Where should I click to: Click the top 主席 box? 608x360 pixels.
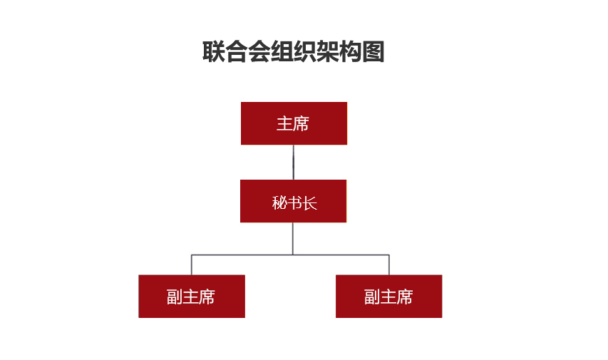(x=294, y=123)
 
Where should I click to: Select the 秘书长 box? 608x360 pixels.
(x=293, y=201)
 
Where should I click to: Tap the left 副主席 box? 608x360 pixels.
(x=192, y=297)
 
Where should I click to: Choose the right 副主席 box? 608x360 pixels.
(x=389, y=297)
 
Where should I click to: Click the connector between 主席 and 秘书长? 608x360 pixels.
(x=294, y=162)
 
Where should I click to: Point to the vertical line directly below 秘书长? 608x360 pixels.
(x=293, y=239)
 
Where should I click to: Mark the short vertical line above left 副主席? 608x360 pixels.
(x=192, y=265)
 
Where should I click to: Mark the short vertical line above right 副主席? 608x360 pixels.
(x=389, y=265)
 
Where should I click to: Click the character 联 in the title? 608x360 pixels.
(x=214, y=51)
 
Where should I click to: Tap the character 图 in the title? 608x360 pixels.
(x=373, y=51)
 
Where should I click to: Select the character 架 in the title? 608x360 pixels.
(x=328, y=51)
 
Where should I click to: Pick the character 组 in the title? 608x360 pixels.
(x=282, y=51)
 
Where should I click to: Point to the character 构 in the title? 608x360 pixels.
(x=350, y=51)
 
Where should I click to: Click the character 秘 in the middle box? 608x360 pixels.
(x=279, y=203)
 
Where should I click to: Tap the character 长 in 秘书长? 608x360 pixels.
(x=310, y=203)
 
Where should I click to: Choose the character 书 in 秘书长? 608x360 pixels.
(x=294, y=203)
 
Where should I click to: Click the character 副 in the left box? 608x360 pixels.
(x=175, y=297)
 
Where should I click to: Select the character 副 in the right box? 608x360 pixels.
(x=372, y=297)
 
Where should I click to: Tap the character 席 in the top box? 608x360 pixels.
(x=302, y=124)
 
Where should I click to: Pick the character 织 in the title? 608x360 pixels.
(x=305, y=51)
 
